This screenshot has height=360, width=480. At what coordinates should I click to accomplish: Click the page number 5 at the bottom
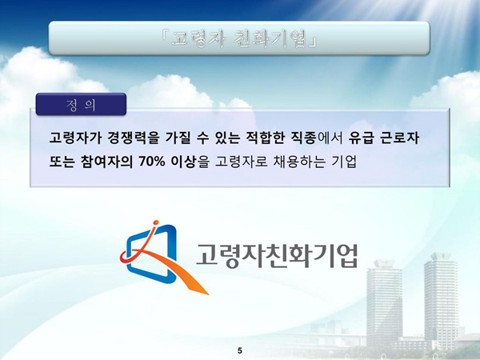(x=240, y=351)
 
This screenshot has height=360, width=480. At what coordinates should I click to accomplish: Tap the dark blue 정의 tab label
(x=81, y=104)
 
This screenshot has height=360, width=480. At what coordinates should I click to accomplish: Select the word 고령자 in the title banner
(x=198, y=39)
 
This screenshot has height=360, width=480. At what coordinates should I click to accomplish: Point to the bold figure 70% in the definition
(x=152, y=162)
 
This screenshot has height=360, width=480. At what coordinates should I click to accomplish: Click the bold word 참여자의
(x=106, y=162)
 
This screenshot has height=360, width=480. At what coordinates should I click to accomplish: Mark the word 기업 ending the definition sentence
(x=344, y=162)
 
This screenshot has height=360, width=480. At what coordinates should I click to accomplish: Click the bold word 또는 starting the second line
(x=62, y=162)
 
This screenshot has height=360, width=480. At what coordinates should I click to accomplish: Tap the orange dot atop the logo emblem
(x=156, y=222)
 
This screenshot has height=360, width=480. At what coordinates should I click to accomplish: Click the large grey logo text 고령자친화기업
(x=277, y=255)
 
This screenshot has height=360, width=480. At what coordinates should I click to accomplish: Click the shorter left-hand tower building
(x=384, y=303)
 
